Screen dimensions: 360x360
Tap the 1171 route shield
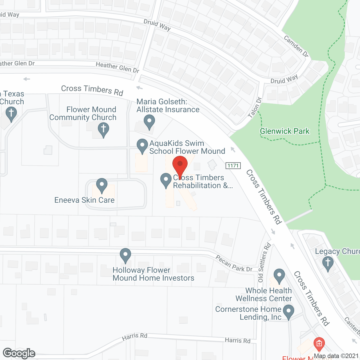point(233,166)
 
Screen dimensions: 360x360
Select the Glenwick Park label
point(285,131)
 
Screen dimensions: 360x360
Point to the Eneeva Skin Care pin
point(102,186)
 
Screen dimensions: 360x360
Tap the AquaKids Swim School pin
point(142,146)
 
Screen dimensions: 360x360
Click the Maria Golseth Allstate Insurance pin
point(149,122)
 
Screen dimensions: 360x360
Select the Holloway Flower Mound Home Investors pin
point(125,255)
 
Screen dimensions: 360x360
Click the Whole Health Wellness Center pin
point(279,276)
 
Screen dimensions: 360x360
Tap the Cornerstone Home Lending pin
point(289,312)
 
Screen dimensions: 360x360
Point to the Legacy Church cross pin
point(328,264)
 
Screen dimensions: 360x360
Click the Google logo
point(19,353)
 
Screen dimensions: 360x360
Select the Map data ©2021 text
point(336,356)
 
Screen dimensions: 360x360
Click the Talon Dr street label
point(255,107)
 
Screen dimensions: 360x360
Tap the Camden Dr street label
point(296,46)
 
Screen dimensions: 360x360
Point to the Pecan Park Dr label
point(234,264)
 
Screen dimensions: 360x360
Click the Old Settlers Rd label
point(264,262)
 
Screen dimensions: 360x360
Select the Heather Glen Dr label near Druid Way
point(117,67)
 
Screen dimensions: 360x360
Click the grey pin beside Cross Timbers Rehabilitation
point(166,180)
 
